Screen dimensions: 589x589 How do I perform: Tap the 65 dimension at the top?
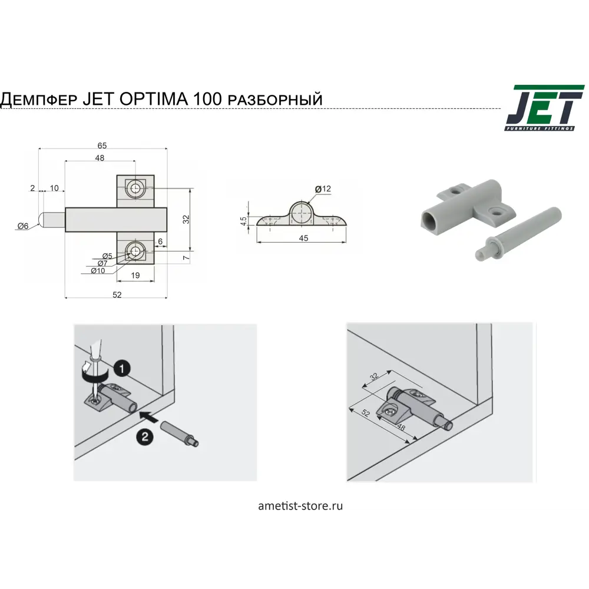tap(102, 145)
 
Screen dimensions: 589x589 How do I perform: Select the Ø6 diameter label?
tap(23, 226)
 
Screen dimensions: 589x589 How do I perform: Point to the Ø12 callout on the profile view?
tap(323, 189)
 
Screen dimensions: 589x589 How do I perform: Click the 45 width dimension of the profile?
tap(303, 239)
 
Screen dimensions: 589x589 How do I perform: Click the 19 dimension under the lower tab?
tap(134, 275)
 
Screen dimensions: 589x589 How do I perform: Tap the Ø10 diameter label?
tap(98, 270)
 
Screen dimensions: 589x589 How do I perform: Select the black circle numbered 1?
tap(121, 369)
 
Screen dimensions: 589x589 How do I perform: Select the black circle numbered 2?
tap(144, 436)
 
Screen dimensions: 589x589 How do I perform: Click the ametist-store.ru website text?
tap(300, 505)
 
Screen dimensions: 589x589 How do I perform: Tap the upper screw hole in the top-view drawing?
tap(135, 188)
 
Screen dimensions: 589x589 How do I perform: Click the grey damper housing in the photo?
tap(465, 206)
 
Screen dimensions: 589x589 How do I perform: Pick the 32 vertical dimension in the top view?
tap(186, 219)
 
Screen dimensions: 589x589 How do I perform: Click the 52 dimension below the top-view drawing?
tap(117, 294)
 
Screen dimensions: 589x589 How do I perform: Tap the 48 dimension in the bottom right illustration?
tap(401, 426)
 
